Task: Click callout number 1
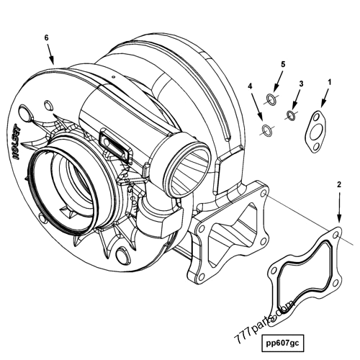[329, 82]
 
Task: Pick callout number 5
[282, 64]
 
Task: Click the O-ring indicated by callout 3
[292, 114]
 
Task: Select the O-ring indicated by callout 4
[267, 130]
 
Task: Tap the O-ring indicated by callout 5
[271, 98]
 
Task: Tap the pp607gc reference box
[284, 341]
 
